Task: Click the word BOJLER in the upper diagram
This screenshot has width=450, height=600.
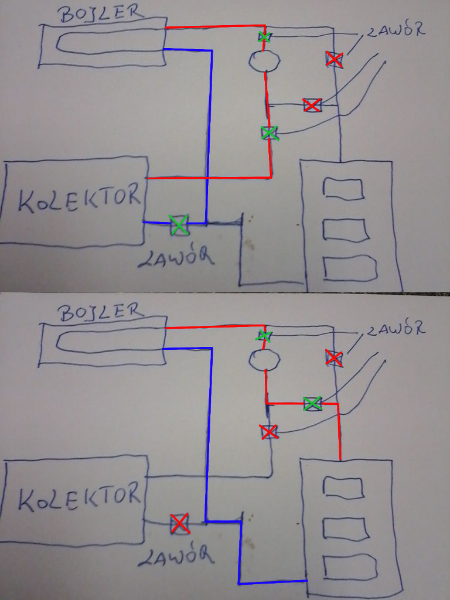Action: [101, 13]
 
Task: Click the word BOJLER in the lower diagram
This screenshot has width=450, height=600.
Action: [101, 311]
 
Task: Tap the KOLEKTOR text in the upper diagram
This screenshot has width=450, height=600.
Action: [79, 200]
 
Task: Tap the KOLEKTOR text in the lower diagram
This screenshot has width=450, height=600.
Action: [79, 498]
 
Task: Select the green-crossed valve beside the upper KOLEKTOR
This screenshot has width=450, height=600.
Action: [179, 224]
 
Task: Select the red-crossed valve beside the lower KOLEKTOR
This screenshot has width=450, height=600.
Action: [179, 523]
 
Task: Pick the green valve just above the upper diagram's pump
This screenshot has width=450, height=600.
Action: [265, 37]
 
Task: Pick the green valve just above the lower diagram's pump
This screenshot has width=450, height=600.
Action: [264, 336]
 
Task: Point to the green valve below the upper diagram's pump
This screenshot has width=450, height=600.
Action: [269, 133]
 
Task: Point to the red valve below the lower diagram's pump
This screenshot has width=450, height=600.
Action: [268, 432]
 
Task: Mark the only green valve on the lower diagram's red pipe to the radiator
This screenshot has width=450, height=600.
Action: [312, 403]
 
